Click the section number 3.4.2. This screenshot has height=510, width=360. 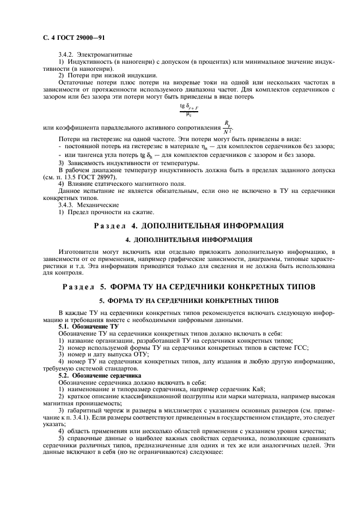coord(67,56)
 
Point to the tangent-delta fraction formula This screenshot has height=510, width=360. coord(188,110)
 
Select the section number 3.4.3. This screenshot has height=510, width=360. coord(67,205)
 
